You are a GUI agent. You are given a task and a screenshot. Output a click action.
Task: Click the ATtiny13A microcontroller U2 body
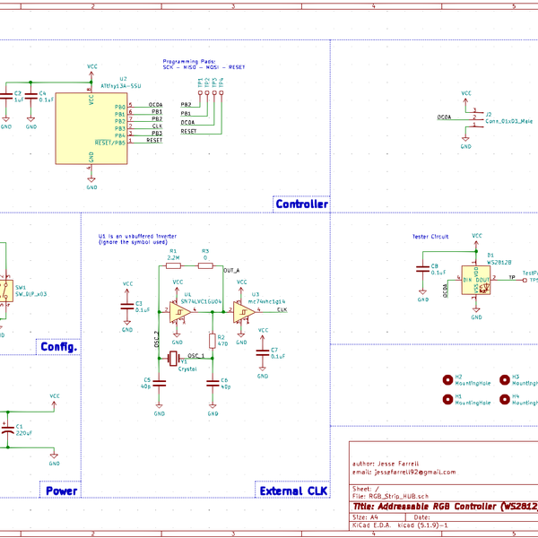(91, 125)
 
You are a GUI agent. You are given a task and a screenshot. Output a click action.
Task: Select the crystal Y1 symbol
(178, 360)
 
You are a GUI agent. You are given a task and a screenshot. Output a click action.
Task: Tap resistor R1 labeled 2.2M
(174, 265)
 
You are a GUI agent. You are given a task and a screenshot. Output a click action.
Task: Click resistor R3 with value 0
(205, 265)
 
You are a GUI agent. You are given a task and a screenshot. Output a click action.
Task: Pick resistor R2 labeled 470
(212, 340)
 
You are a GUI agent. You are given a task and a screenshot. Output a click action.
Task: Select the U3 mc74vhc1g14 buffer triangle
(243, 311)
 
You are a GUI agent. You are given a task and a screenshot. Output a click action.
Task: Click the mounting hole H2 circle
(447, 380)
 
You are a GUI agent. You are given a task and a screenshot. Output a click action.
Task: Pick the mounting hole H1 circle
(447, 400)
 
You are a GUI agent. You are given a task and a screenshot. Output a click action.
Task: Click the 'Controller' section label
(301, 204)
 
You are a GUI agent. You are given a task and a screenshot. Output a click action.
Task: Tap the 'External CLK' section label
(293, 490)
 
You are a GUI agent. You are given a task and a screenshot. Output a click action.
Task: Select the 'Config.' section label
(59, 347)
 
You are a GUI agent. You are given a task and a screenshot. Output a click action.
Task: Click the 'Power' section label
(61, 490)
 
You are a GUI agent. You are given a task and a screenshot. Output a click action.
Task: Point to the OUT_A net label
(231, 270)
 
